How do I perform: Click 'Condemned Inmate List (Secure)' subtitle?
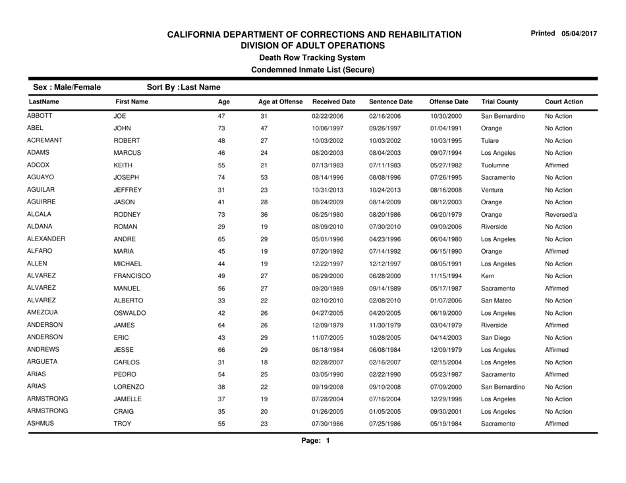(312, 69)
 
